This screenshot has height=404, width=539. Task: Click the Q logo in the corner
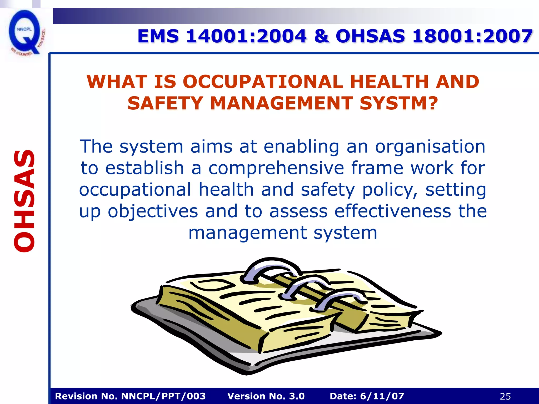pos(25,33)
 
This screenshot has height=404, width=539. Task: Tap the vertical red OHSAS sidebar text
pos(24,201)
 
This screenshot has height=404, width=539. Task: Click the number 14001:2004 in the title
pos(246,36)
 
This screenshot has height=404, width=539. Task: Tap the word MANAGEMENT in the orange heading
pos(281,103)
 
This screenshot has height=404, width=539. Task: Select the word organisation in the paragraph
pos(430,147)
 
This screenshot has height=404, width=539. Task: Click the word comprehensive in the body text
pos(276,168)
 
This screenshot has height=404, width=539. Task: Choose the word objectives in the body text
pos(153,211)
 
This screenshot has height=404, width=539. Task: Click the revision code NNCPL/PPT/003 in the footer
pos(163,396)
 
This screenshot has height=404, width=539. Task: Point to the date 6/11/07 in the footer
pos(382,396)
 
